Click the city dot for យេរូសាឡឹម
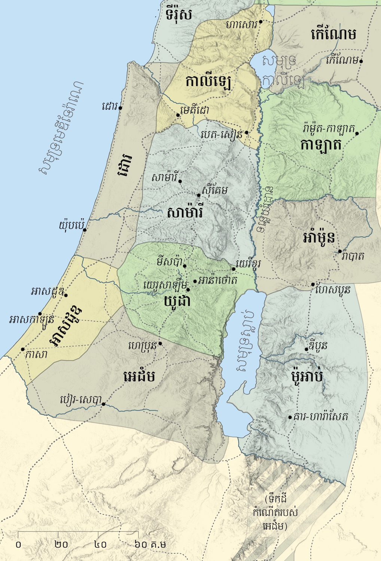click(x=188, y=289)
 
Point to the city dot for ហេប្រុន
click(x=160, y=343)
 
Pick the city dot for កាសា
click(x=23, y=349)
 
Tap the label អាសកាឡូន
click(x=32, y=320)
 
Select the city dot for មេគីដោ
click(x=178, y=115)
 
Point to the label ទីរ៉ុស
click(x=179, y=15)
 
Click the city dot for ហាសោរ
click(x=260, y=22)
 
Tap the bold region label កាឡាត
click(x=321, y=145)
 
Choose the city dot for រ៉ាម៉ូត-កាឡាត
click(x=357, y=134)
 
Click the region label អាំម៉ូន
click(x=319, y=238)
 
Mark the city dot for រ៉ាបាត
click(x=340, y=251)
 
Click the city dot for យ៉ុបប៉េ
click(x=85, y=229)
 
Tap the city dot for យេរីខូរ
click(x=234, y=269)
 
